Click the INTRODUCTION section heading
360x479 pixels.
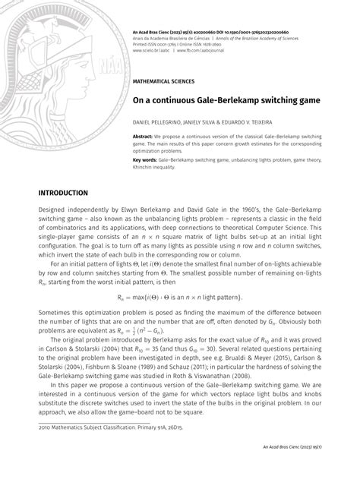click(73, 194)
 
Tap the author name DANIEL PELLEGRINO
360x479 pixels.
click(160, 121)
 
